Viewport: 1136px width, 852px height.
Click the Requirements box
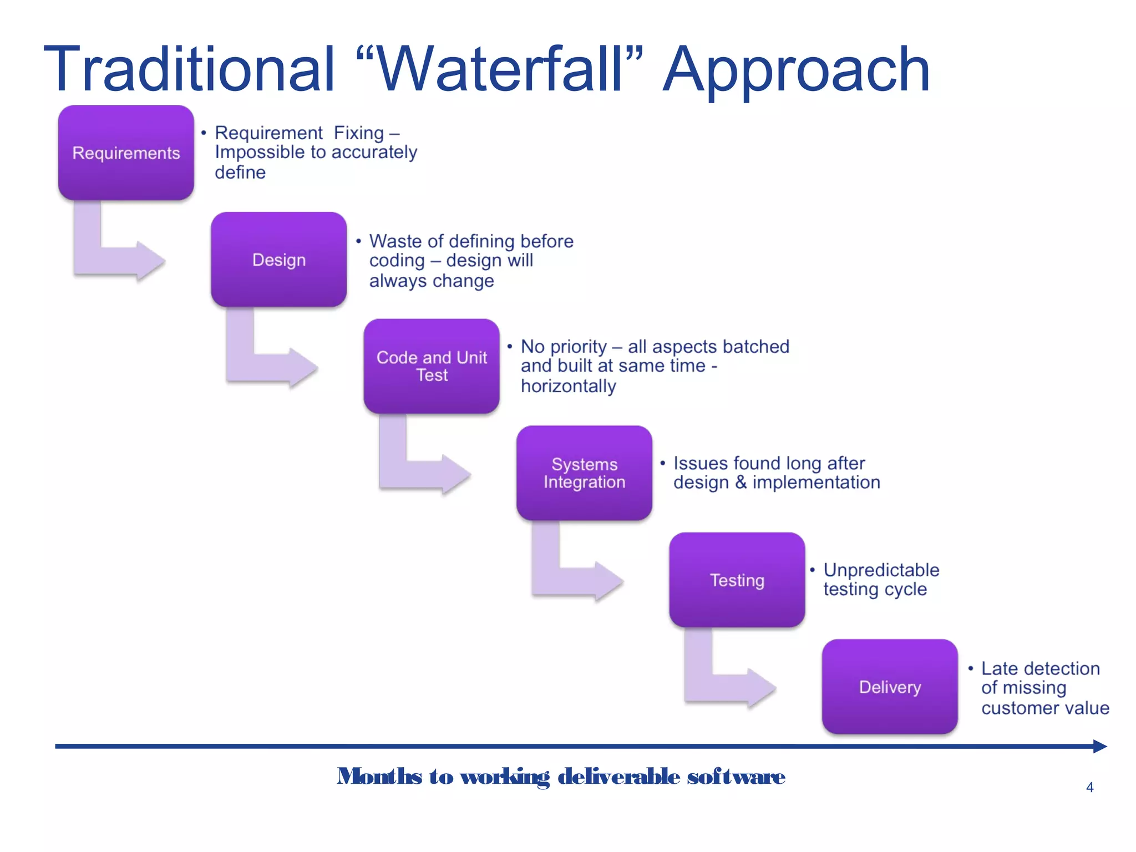coord(126,153)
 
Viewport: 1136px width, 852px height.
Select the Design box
coord(278,260)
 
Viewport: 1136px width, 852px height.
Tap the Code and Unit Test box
coord(432,366)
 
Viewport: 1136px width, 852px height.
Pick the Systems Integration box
coord(584,473)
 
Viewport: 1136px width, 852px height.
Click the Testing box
coord(737,580)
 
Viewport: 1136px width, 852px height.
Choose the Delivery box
coord(890,687)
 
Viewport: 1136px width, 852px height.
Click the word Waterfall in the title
coord(499,69)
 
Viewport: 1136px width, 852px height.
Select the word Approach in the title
coord(796,71)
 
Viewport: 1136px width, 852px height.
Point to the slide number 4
coord(1089,787)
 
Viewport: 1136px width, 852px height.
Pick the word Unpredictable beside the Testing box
coord(881,570)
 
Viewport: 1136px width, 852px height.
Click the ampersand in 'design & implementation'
coord(741,482)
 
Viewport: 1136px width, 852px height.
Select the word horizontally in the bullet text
coord(568,386)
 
